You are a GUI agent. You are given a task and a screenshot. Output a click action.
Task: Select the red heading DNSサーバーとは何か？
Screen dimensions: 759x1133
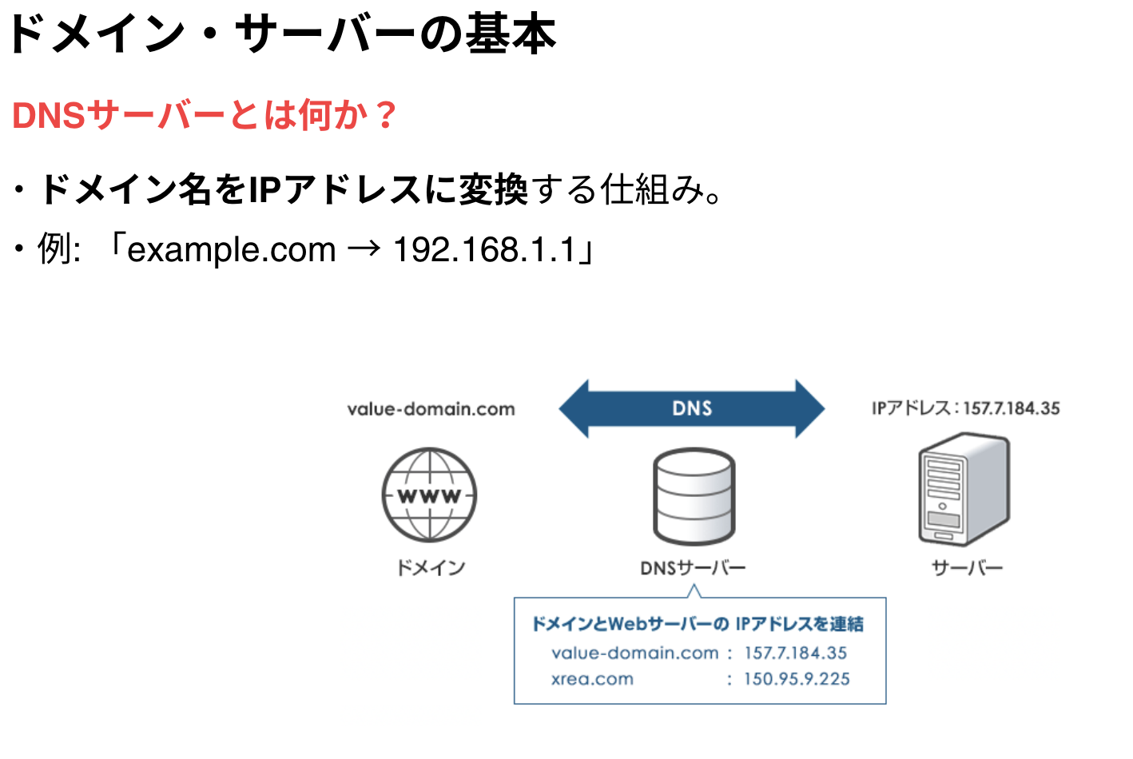click(x=205, y=116)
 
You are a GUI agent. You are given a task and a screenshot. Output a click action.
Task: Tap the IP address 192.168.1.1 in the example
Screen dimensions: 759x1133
click(x=484, y=250)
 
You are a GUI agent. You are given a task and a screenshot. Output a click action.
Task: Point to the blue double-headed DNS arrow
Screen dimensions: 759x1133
click(x=692, y=408)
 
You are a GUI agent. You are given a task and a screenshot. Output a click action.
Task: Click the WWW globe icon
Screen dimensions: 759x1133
click(x=430, y=495)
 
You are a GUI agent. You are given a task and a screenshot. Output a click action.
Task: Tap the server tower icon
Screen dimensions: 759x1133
click(x=964, y=490)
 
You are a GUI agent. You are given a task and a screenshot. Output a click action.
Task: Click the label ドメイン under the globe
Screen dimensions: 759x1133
click(x=431, y=568)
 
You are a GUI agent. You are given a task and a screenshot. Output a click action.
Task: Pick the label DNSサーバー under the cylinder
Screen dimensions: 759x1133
click(x=693, y=568)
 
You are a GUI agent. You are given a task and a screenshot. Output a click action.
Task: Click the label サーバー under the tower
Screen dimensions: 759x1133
click(x=967, y=568)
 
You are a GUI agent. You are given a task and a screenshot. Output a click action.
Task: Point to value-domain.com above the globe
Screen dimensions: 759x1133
click(x=431, y=410)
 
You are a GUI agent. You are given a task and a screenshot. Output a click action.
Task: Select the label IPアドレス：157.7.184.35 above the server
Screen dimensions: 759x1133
click(x=965, y=408)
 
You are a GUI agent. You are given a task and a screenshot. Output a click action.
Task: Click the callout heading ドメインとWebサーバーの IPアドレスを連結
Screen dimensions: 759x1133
click(x=698, y=624)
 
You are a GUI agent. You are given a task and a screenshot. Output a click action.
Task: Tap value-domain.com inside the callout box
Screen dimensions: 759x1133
click(x=635, y=653)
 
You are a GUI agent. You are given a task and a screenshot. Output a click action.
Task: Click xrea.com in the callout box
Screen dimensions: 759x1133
click(x=592, y=679)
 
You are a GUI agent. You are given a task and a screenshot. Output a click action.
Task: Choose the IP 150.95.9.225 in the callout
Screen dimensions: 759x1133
click(x=797, y=679)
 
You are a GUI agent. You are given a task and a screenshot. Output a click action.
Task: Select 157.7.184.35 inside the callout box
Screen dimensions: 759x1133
click(x=796, y=653)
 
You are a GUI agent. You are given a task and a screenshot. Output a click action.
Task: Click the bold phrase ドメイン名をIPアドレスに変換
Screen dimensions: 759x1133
click(x=284, y=190)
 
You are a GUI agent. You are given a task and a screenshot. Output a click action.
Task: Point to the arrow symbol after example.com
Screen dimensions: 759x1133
click(x=364, y=250)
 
